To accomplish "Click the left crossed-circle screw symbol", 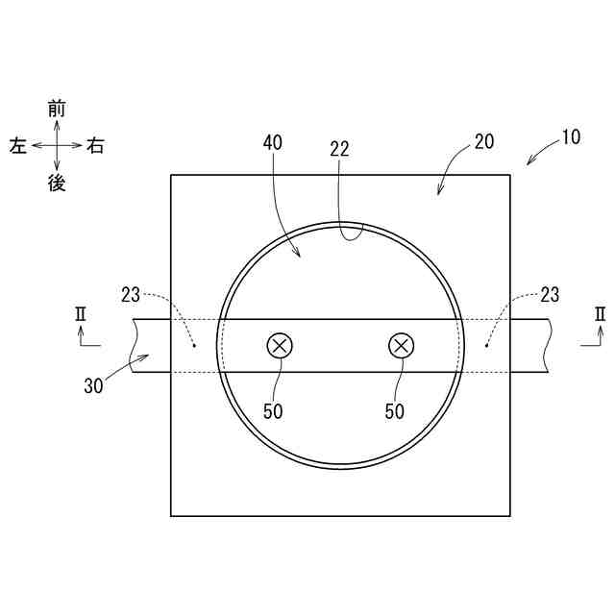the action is [x=280, y=346].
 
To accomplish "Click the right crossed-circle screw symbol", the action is [x=401, y=346].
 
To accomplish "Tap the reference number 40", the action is [x=273, y=143].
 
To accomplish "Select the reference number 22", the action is [x=339, y=149].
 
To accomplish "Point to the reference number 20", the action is [x=484, y=141].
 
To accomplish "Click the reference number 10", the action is [x=571, y=137].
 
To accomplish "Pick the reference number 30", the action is [x=93, y=386].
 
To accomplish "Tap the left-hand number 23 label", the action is [x=131, y=295].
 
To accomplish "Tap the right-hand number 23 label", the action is [x=550, y=295].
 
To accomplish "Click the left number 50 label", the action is [x=273, y=411].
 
